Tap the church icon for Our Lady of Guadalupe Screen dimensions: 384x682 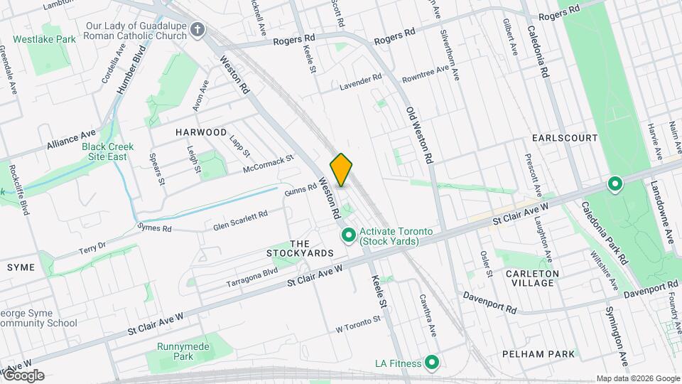(x=198, y=31)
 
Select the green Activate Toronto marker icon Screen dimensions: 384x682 (x=348, y=235)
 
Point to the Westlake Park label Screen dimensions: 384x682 (x=44, y=39)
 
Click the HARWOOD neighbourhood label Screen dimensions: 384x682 (x=202, y=132)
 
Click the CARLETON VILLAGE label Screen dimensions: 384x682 (x=533, y=278)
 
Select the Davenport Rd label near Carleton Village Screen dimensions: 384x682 (x=489, y=303)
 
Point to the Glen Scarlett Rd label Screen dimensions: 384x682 (x=240, y=220)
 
